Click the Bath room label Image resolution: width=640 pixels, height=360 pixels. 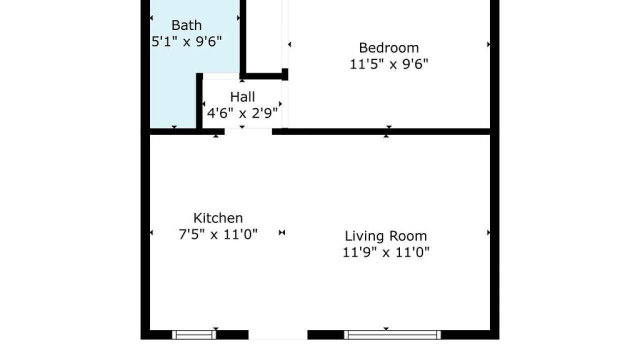tap(186, 25)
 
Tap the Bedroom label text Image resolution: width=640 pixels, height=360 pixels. tap(389, 47)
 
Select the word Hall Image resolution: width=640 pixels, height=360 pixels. tap(242, 97)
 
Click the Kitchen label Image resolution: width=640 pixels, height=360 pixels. tap(218, 218)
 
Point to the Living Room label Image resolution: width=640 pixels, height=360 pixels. tap(385, 236)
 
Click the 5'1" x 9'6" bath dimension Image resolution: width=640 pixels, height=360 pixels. tap(186, 41)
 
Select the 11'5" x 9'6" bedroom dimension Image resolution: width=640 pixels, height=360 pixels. tap(389, 64)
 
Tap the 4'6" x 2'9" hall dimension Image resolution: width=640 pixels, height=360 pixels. tap(242, 113)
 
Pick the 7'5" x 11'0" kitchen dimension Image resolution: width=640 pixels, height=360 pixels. tap(218, 234)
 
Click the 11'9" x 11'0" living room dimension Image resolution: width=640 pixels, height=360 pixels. tap(385, 252)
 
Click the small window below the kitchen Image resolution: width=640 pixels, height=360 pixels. tap(194, 334)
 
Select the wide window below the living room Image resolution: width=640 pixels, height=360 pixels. tap(392, 334)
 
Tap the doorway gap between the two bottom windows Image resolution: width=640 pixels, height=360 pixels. tap(278, 334)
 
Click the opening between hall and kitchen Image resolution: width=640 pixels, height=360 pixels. tap(248, 131)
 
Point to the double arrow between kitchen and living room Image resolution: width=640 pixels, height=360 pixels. tap(282, 232)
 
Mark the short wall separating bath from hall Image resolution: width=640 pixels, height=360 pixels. tap(199, 101)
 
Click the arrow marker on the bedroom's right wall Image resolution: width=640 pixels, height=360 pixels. tap(488, 44)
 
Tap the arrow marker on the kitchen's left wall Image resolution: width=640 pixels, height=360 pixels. tap(151, 232)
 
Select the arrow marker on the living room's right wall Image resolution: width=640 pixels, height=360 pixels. tap(488, 232)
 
